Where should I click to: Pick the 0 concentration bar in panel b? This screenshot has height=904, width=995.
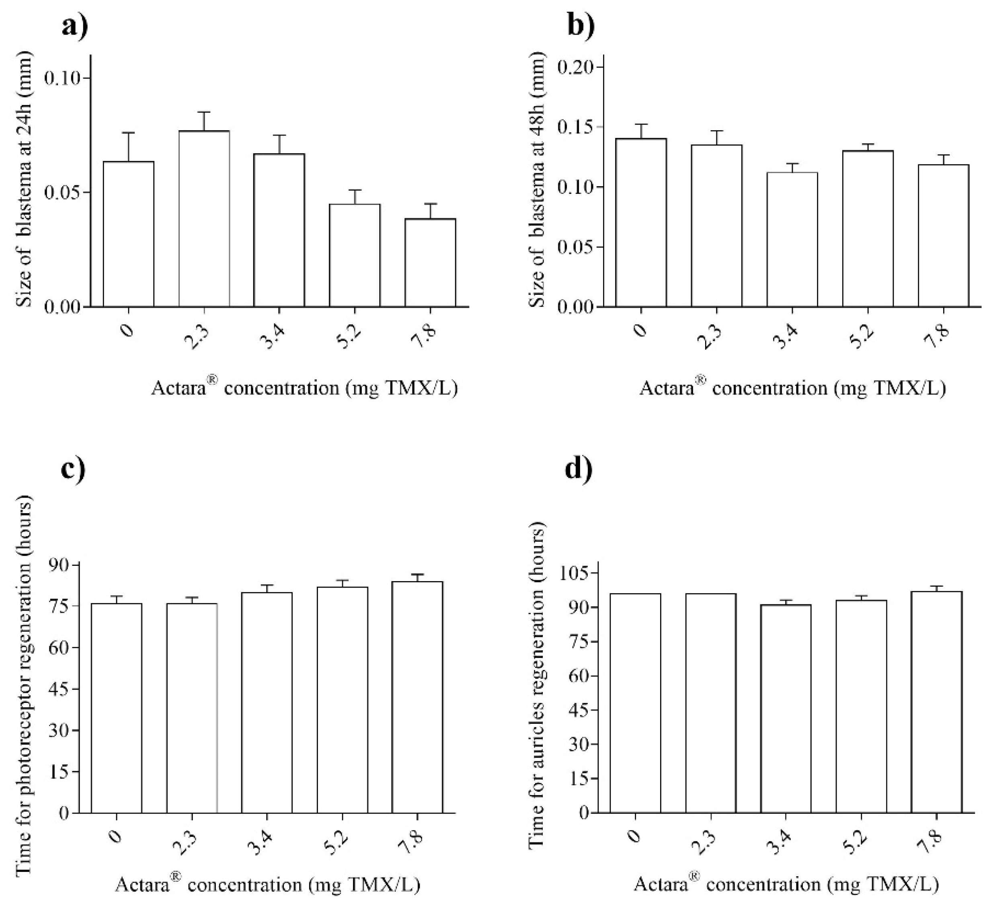(x=641, y=223)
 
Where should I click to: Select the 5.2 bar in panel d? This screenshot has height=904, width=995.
(x=861, y=706)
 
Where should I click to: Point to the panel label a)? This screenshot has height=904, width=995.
(x=75, y=26)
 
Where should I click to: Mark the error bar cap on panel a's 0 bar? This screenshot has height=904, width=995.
(x=128, y=133)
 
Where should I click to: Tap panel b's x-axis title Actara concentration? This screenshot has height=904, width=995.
(x=792, y=388)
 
